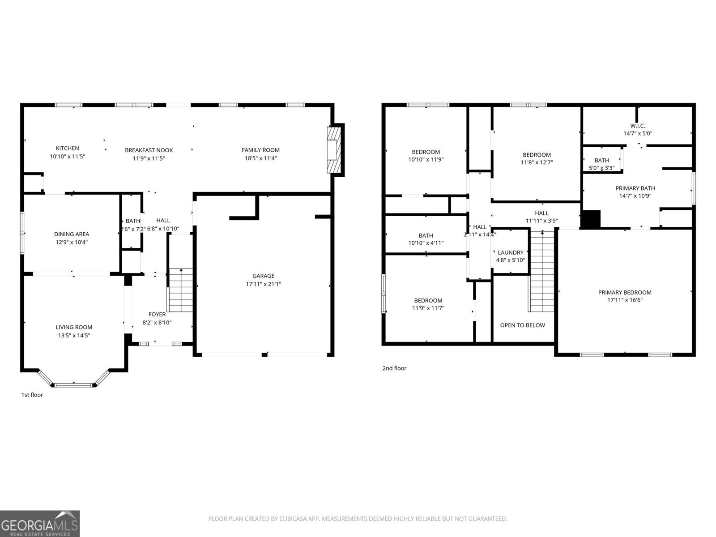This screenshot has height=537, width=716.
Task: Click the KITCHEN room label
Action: tap(67, 148)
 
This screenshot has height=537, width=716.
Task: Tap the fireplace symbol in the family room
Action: tap(335, 150)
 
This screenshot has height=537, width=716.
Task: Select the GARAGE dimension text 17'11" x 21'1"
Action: tap(263, 284)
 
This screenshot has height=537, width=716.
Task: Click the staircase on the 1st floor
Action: tap(181, 290)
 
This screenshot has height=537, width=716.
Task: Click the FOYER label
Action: tap(157, 314)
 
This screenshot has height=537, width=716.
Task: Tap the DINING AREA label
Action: tap(72, 234)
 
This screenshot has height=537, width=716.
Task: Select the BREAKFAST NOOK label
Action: tap(149, 150)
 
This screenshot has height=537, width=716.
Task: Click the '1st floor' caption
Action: tap(32, 395)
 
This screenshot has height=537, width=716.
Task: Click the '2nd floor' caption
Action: tap(394, 368)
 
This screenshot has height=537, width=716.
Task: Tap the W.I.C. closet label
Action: tap(638, 126)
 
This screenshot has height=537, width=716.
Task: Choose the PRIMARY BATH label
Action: tap(635, 188)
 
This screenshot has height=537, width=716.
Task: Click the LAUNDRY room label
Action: tap(510, 252)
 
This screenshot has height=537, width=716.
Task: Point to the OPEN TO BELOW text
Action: tap(522, 325)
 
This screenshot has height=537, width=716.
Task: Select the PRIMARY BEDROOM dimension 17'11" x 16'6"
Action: tap(625, 300)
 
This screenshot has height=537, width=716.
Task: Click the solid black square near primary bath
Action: tap(591, 219)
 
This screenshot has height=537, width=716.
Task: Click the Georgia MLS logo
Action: tap(39, 524)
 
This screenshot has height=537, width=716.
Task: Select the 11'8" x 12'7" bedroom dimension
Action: tap(537, 162)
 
